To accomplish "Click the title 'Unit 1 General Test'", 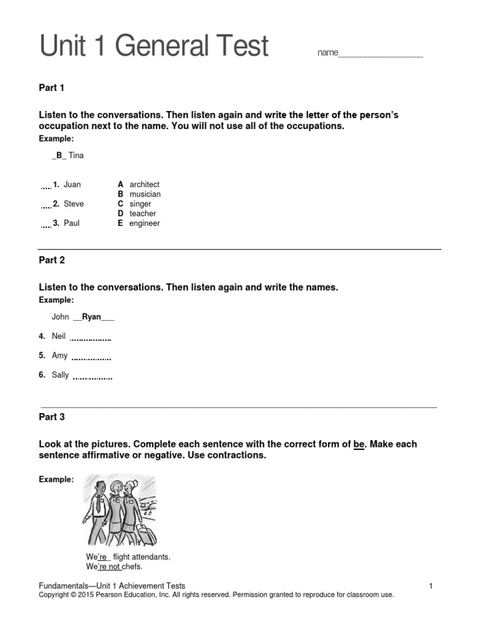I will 154,46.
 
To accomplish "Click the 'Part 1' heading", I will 52,88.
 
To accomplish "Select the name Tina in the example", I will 76,155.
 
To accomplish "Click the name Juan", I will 72,185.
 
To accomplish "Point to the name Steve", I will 74,204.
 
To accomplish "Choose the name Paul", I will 72,223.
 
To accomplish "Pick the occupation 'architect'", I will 144,185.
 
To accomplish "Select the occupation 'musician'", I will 145,195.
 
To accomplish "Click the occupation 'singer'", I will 140,204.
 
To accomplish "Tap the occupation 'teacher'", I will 143,214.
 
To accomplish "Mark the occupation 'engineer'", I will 145,223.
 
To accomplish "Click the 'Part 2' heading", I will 52,260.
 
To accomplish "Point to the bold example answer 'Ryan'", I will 92,317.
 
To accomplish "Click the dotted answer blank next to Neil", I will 90,339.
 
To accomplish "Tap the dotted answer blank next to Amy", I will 92,359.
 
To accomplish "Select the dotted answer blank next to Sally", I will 92,378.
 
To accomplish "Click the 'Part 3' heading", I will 52,417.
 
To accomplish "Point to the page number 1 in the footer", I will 431,586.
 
